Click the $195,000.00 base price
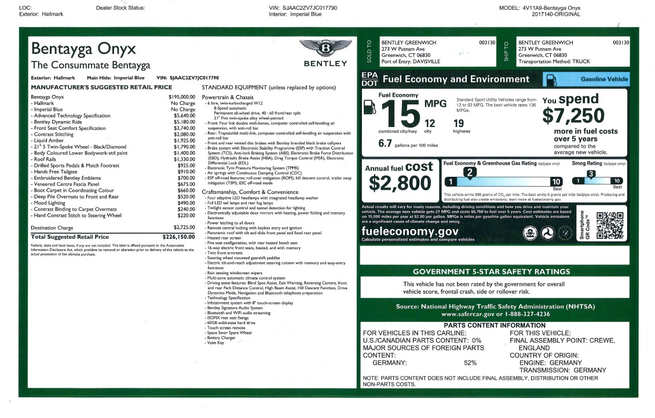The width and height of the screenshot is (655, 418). point(182,97)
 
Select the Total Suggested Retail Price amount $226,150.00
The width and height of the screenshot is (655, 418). point(179,237)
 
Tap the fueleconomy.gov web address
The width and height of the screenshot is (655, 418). point(409,231)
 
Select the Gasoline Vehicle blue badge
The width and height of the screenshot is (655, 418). point(585,79)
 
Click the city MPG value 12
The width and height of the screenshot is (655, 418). point(430,123)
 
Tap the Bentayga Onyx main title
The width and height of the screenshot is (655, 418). point(83,48)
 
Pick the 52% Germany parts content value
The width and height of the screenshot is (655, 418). point(470,363)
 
